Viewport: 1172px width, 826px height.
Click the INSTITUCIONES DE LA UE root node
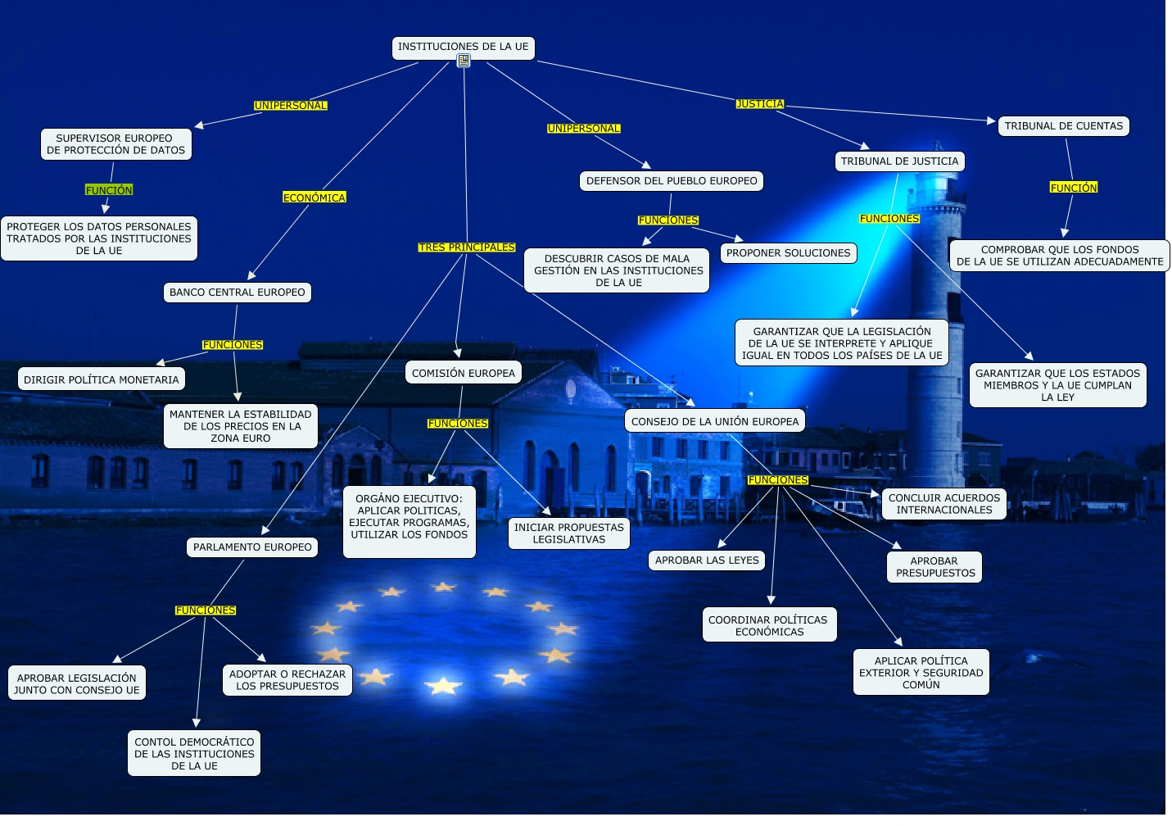(463, 47)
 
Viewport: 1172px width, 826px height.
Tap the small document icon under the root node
(464, 61)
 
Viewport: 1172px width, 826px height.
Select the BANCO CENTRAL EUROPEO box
(238, 293)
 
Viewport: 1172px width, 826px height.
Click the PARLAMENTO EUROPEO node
(252, 547)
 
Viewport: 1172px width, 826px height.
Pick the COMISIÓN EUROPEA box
(464, 373)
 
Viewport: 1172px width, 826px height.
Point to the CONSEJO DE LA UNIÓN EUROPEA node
(714, 421)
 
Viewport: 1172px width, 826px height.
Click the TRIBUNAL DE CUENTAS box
(1063, 126)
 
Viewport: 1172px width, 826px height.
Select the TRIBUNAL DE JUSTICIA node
(899, 161)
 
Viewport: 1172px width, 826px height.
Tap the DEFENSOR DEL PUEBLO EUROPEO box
(672, 181)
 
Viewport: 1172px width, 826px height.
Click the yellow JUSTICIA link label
(760, 104)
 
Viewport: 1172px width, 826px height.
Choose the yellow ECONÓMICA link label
(314, 197)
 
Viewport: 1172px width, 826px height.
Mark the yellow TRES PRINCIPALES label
(467, 247)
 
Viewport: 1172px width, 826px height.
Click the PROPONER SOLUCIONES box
(788, 253)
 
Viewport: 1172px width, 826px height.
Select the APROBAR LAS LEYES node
(707, 560)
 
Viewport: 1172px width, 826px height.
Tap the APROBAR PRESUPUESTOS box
(934, 567)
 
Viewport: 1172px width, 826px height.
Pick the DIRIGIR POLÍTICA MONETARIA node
(101, 379)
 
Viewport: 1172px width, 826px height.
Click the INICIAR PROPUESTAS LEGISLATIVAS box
(568, 533)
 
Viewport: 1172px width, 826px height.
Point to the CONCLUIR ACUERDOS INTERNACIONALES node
(943, 504)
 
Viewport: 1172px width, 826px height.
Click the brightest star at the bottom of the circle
(443, 685)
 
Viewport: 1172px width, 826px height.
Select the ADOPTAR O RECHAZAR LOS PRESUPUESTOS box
(287, 680)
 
